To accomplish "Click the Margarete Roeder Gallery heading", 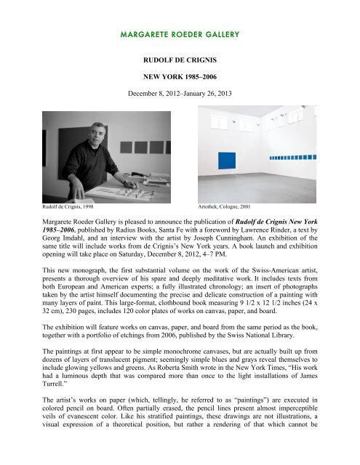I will [x=180, y=33].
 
